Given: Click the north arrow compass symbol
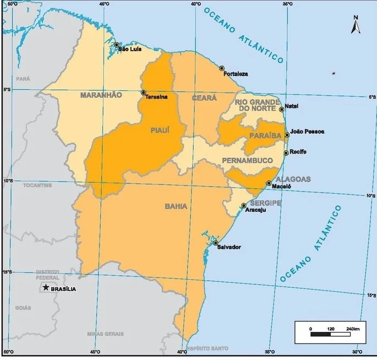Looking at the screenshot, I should (356, 25).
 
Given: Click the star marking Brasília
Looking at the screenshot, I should (45, 288).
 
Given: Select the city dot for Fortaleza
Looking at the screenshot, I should (222, 68).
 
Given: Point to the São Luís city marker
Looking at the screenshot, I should (117, 45).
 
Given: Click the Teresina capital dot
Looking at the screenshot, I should (144, 92).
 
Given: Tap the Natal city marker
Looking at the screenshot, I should (282, 110).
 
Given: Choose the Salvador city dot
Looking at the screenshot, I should (216, 243).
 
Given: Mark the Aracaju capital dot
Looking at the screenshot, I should (244, 205).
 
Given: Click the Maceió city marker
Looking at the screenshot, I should (269, 183).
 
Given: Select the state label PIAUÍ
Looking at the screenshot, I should (160, 130).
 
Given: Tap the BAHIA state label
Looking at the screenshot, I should (176, 207).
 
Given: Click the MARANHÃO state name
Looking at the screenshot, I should (101, 95).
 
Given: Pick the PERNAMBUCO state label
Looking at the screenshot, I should (247, 160).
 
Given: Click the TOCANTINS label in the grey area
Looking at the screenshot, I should (38, 186).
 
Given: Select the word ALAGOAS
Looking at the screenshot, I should (294, 179).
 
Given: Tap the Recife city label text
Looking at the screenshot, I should (298, 152).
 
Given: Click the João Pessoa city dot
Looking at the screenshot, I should (287, 135).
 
